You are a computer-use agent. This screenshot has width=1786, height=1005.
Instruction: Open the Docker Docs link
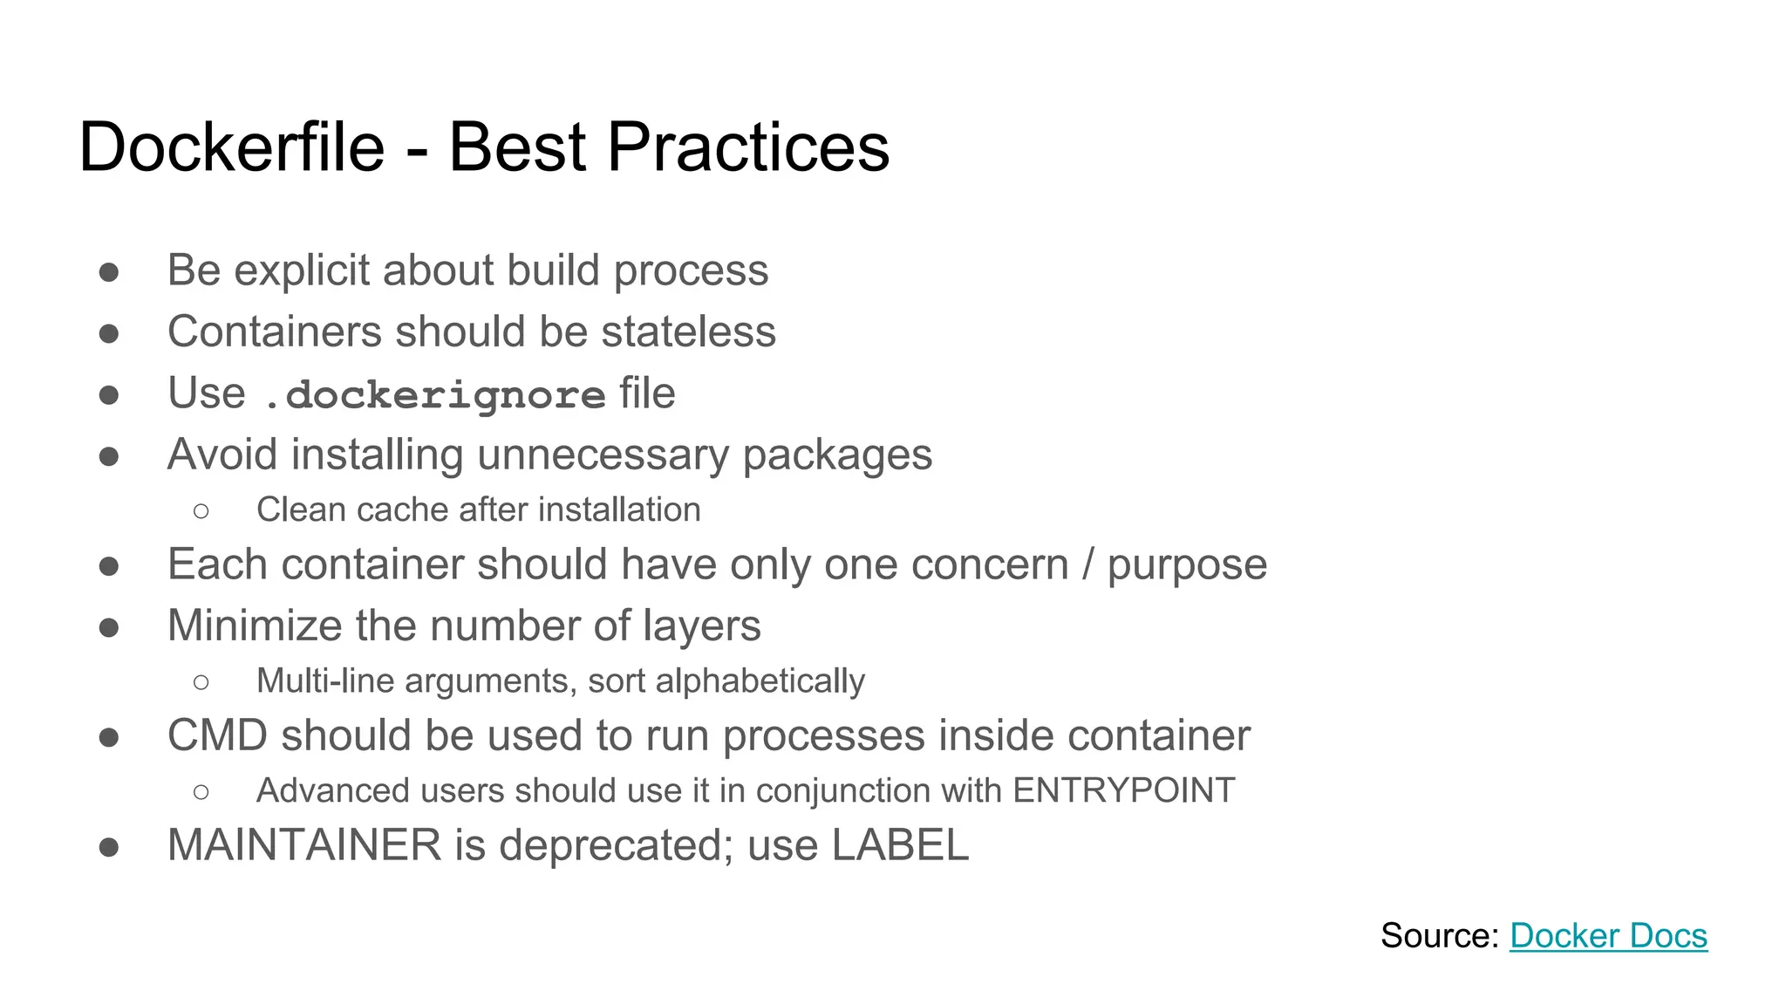(1608, 935)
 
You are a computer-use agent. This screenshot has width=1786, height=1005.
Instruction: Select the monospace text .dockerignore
(434, 394)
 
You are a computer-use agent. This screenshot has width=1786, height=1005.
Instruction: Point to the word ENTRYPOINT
(1123, 790)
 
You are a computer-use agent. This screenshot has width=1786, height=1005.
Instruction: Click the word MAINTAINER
(304, 844)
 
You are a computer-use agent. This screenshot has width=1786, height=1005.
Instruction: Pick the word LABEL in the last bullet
(900, 844)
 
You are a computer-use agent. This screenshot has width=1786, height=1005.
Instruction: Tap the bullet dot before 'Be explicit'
(109, 272)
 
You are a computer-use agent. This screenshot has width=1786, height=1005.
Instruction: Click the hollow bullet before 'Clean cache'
(201, 510)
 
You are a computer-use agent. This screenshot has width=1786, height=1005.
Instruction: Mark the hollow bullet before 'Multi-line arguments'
(201, 681)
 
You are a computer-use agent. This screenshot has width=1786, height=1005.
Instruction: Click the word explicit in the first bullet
(302, 270)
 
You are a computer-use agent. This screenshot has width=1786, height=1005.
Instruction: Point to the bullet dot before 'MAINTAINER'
(109, 847)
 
